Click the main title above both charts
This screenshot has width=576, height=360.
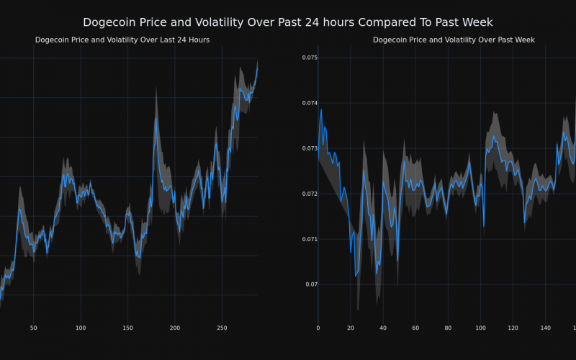click(x=288, y=22)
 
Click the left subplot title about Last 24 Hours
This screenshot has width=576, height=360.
click(x=122, y=40)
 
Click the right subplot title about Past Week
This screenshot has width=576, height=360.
click(x=454, y=40)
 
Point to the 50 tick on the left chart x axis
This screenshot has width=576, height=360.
click(x=33, y=328)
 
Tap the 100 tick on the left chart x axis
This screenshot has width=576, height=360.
click(x=81, y=328)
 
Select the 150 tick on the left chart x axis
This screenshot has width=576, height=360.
click(x=127, y=328)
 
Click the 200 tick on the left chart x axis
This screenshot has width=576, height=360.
click(x=175, y=328)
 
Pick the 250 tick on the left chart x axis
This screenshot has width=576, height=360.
click(x=222, y=328)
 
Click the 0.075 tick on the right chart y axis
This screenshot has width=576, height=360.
click(x=309, y=58)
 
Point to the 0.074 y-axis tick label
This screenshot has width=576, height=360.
click(x=309, y=103)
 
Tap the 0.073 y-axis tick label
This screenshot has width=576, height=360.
click(x=309, y=148)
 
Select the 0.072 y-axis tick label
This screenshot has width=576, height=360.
click(x=309, y=194)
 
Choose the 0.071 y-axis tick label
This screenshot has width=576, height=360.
click(x=309, y=239)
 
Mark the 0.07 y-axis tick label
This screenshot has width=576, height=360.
click(x=310, y=284)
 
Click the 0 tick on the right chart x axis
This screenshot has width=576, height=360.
click(x=318, y=328)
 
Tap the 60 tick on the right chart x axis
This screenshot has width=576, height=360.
click(x=415, y=328)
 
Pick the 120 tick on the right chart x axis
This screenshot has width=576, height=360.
click(x=513, y=328)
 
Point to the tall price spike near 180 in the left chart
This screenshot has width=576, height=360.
click(x=156, y=118)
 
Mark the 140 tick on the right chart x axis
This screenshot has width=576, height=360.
click(x=545, y=328)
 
